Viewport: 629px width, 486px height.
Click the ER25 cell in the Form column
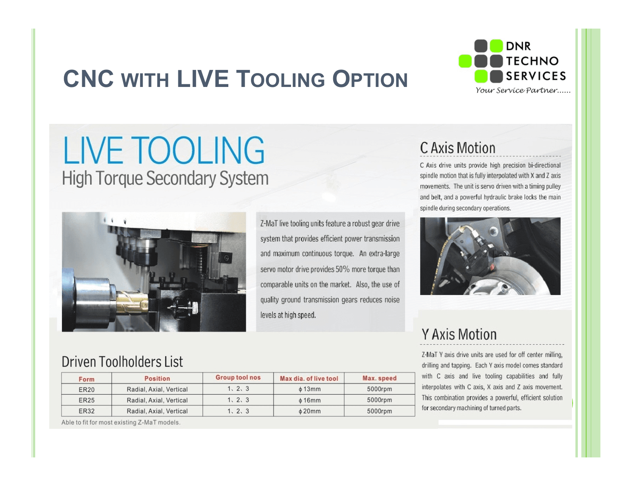point(87,400)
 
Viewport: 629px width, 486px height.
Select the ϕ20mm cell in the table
point(309,411)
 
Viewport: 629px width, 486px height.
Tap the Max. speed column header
point(380,378)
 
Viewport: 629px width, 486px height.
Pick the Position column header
point(157,378)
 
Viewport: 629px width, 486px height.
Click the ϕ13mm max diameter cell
point(309,389)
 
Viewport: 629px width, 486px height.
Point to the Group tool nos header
point(238,378)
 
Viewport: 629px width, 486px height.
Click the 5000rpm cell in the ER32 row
point(380,411)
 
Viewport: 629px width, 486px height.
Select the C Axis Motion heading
point(457,148)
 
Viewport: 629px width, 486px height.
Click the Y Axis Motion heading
point(459,334)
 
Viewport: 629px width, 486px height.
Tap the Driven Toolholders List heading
point(122,362)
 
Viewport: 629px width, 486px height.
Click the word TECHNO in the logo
point(533,61)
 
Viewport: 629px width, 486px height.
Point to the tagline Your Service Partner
point(523,90)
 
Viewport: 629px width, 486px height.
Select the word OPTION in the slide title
point(370,79)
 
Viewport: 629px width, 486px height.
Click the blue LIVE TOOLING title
point(164,150)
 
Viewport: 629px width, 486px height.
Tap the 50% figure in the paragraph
point(342,269)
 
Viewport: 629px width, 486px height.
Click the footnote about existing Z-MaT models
point(121,422)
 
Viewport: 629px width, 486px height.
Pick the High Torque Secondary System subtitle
point(165,178)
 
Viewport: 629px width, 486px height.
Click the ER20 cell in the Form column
point(87,390)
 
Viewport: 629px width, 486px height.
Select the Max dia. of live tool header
point(309,378)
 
